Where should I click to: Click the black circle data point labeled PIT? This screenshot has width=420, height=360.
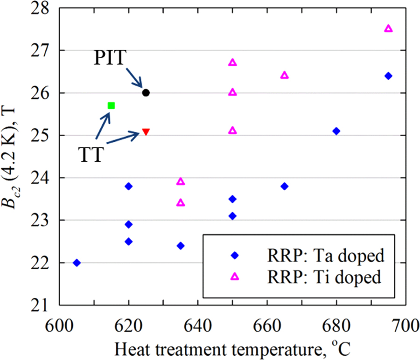146,93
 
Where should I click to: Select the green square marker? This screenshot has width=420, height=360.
111,105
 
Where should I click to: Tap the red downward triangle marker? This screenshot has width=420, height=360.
146,132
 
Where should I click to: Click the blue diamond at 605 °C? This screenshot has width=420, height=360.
77,263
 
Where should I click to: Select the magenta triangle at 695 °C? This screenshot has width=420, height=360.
388,28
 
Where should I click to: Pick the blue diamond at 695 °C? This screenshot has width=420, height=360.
388,76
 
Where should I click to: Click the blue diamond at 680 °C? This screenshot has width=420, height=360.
336,131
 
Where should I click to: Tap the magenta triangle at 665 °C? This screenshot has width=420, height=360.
285,75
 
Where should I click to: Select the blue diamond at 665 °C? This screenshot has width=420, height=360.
285,187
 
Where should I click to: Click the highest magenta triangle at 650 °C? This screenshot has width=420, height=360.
233,62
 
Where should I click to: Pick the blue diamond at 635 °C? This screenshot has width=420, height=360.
181,246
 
